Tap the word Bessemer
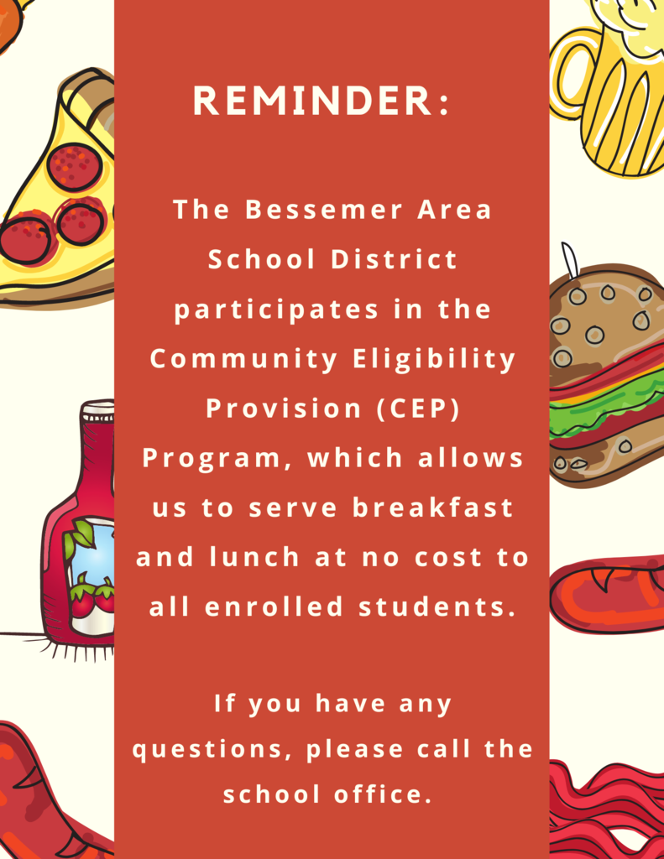(323, 209)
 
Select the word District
(394, 259)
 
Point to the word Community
(244, 360)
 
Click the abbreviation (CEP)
(418, 409)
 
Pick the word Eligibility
(434, 360)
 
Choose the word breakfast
(432, 508)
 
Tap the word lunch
(254, 557)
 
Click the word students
(437, 607)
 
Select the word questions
(212, 750)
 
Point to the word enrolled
(274, 607)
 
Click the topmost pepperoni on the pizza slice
(76, 167)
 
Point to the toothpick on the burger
(570, 260)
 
